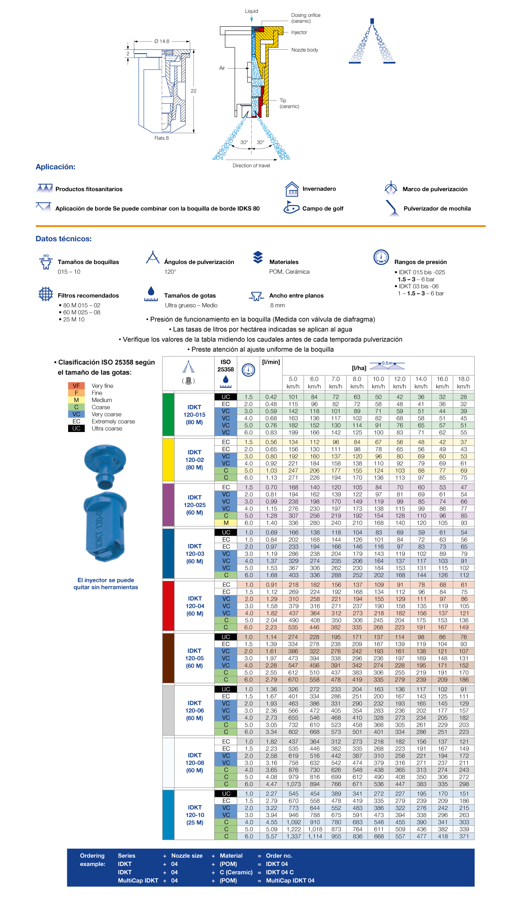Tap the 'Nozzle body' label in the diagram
304,50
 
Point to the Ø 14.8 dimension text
162,41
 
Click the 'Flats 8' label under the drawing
161,138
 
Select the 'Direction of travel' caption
251,166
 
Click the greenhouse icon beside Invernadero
292,189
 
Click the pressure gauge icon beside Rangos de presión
381,257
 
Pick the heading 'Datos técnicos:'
63,239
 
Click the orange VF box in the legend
76,386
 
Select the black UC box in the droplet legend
76,428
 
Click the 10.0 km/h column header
378,382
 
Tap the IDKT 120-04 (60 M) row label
195,606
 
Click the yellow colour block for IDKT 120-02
168,459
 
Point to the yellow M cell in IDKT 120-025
226,523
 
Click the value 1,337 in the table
294,836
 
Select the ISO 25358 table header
226,366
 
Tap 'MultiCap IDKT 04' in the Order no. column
290,880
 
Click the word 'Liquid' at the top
251,11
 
